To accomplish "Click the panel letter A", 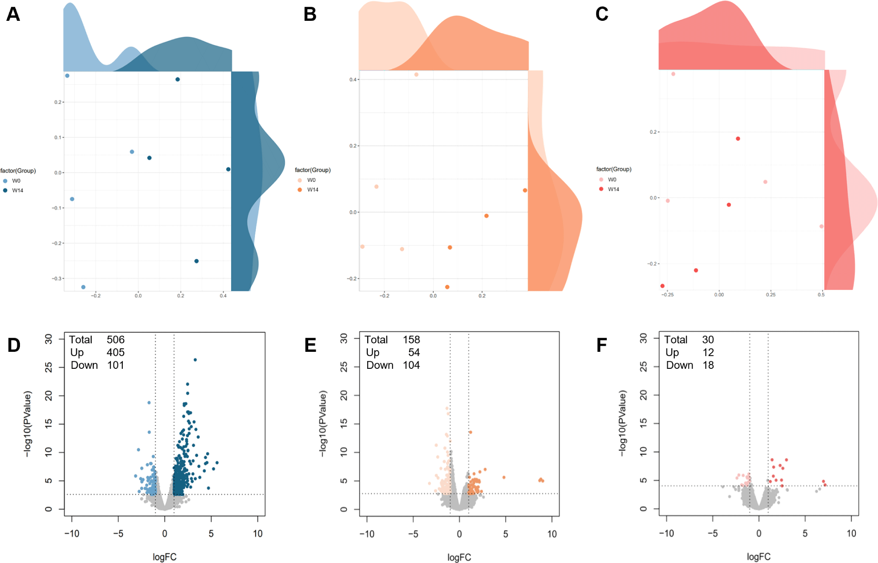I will [13, 14].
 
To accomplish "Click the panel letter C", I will [602, 14].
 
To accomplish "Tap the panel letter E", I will [310, 345].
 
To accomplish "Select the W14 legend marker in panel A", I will [5, 190].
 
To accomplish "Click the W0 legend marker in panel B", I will [300, 180].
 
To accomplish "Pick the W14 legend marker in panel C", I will [601, 189].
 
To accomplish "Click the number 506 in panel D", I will [116, 340].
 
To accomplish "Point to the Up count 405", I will [116, 353].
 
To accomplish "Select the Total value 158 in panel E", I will [411, 340].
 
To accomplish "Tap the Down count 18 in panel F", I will [708, 365].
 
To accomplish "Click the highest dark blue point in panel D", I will [195, 360].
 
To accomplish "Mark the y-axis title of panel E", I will [323, 424].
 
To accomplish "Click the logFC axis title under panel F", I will [759, 557].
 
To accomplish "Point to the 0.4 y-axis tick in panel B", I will [353, 79].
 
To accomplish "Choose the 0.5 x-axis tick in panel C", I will [821, 294].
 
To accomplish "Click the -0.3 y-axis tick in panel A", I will [57, 278].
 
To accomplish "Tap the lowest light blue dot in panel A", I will [83, 287].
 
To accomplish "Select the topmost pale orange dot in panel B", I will [416, 75].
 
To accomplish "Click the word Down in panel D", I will [84, 365].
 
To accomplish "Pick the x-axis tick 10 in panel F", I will [851, 534].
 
